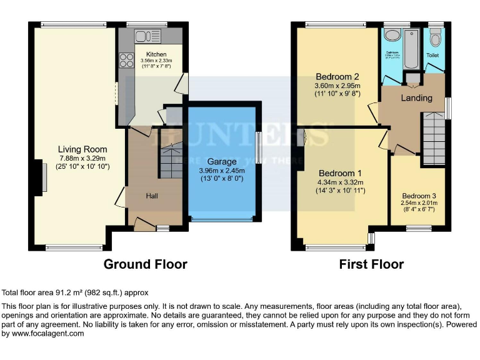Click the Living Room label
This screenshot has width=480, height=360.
(82, 149)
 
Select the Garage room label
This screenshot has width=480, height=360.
(222, 162)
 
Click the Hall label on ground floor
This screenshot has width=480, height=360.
(152, 196)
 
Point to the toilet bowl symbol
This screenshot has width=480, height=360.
(435, 39)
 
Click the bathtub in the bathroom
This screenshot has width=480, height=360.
(411, 49)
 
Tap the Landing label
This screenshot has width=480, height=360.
(416, 98)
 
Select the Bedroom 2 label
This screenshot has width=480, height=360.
(337, 77)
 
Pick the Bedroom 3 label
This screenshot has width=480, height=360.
(419, 195)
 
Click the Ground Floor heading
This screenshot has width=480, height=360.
(145, 264)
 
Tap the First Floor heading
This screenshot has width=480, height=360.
(371, 264)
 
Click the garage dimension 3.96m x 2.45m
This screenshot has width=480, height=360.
(222, 171)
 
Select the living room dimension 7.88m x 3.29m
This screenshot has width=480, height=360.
(82, 159)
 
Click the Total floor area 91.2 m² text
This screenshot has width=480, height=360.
(75, 292)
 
